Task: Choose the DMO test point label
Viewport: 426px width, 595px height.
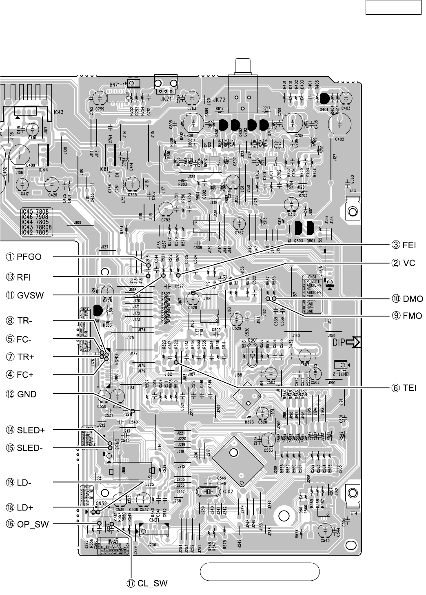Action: tap(408, 299)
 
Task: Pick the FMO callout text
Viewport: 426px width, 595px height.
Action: tap(407, 315)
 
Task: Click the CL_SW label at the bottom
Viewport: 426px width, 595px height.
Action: tap(147, 583)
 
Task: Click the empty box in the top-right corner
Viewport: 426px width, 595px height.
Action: tap(393, 7)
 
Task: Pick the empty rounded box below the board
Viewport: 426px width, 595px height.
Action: tap(260, 571)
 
